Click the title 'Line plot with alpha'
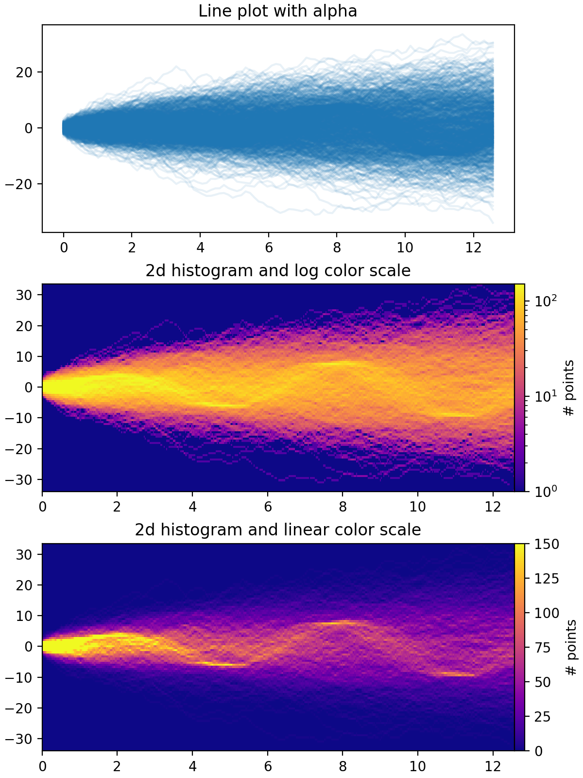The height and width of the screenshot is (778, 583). click(277, 11)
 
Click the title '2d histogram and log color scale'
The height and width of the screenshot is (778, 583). click(277, 270)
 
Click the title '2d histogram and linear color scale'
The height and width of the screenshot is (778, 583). click(277, 530)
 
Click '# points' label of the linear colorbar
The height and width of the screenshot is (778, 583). click(571, 647)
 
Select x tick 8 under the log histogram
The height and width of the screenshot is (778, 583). click(343, 507)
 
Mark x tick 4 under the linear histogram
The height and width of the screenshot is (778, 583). click(193, 766)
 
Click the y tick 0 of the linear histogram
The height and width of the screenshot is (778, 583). click(29, 647)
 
